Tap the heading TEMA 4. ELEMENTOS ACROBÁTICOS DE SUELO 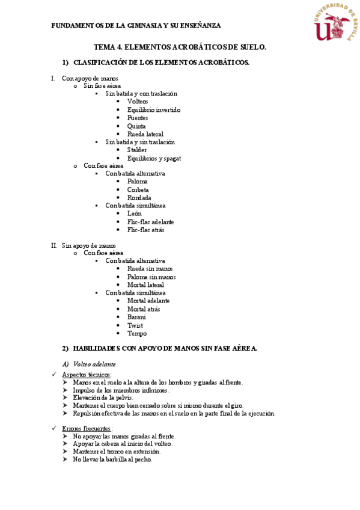[x=180, y=46]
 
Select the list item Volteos [x=138, y=102]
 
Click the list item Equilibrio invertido [x=154, y=110]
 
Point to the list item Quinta [x=136, y=126]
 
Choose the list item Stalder [x=137, y=150]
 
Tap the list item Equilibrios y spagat [x=154, y=158]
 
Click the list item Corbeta [x=138, y=189]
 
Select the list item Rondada [x=139, y=197]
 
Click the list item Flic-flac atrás [x=146, y=230]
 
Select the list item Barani [x=137, y=316]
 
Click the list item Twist [x=135, y=325]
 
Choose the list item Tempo [x=137, y=333]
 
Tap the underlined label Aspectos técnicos [x=87, y=375]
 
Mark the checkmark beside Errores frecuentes [x=55, y=428]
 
